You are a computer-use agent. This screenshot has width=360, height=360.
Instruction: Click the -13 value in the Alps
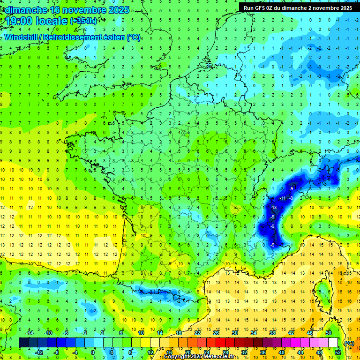click(274, 207)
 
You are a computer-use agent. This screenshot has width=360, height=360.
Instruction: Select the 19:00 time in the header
click(21, 21)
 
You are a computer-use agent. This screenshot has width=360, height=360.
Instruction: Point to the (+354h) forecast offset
click(83, 21)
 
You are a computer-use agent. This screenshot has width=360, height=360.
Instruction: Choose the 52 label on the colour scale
click(337, 352)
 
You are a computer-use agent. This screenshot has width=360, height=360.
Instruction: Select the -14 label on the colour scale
click(29, 332)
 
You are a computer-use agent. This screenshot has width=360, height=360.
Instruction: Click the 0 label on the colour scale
click(93, 352)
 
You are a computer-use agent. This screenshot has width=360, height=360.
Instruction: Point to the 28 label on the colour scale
click(225, 352)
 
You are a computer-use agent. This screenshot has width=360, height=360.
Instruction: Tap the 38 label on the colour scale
click(272, 332)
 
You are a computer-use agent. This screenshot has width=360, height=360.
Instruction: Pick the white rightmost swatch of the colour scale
click(333, 343)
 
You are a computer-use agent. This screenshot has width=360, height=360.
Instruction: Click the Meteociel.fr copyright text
click(199, 357)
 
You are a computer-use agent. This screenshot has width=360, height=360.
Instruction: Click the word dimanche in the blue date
click(23, 9)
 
